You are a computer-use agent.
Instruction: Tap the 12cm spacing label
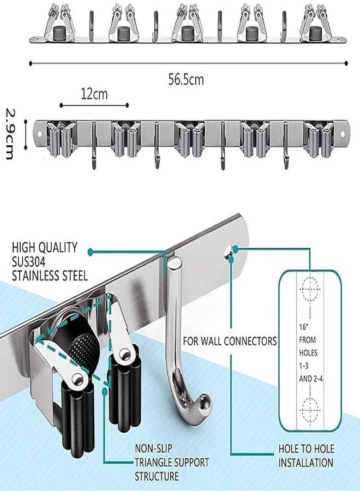(x=94, y=94)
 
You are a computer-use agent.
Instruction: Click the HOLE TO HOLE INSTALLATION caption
(x=307, y=456)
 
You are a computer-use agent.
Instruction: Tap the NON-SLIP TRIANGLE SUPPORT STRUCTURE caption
(x=172, y=463)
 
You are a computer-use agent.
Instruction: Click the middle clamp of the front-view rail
(x=189, y=136)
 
